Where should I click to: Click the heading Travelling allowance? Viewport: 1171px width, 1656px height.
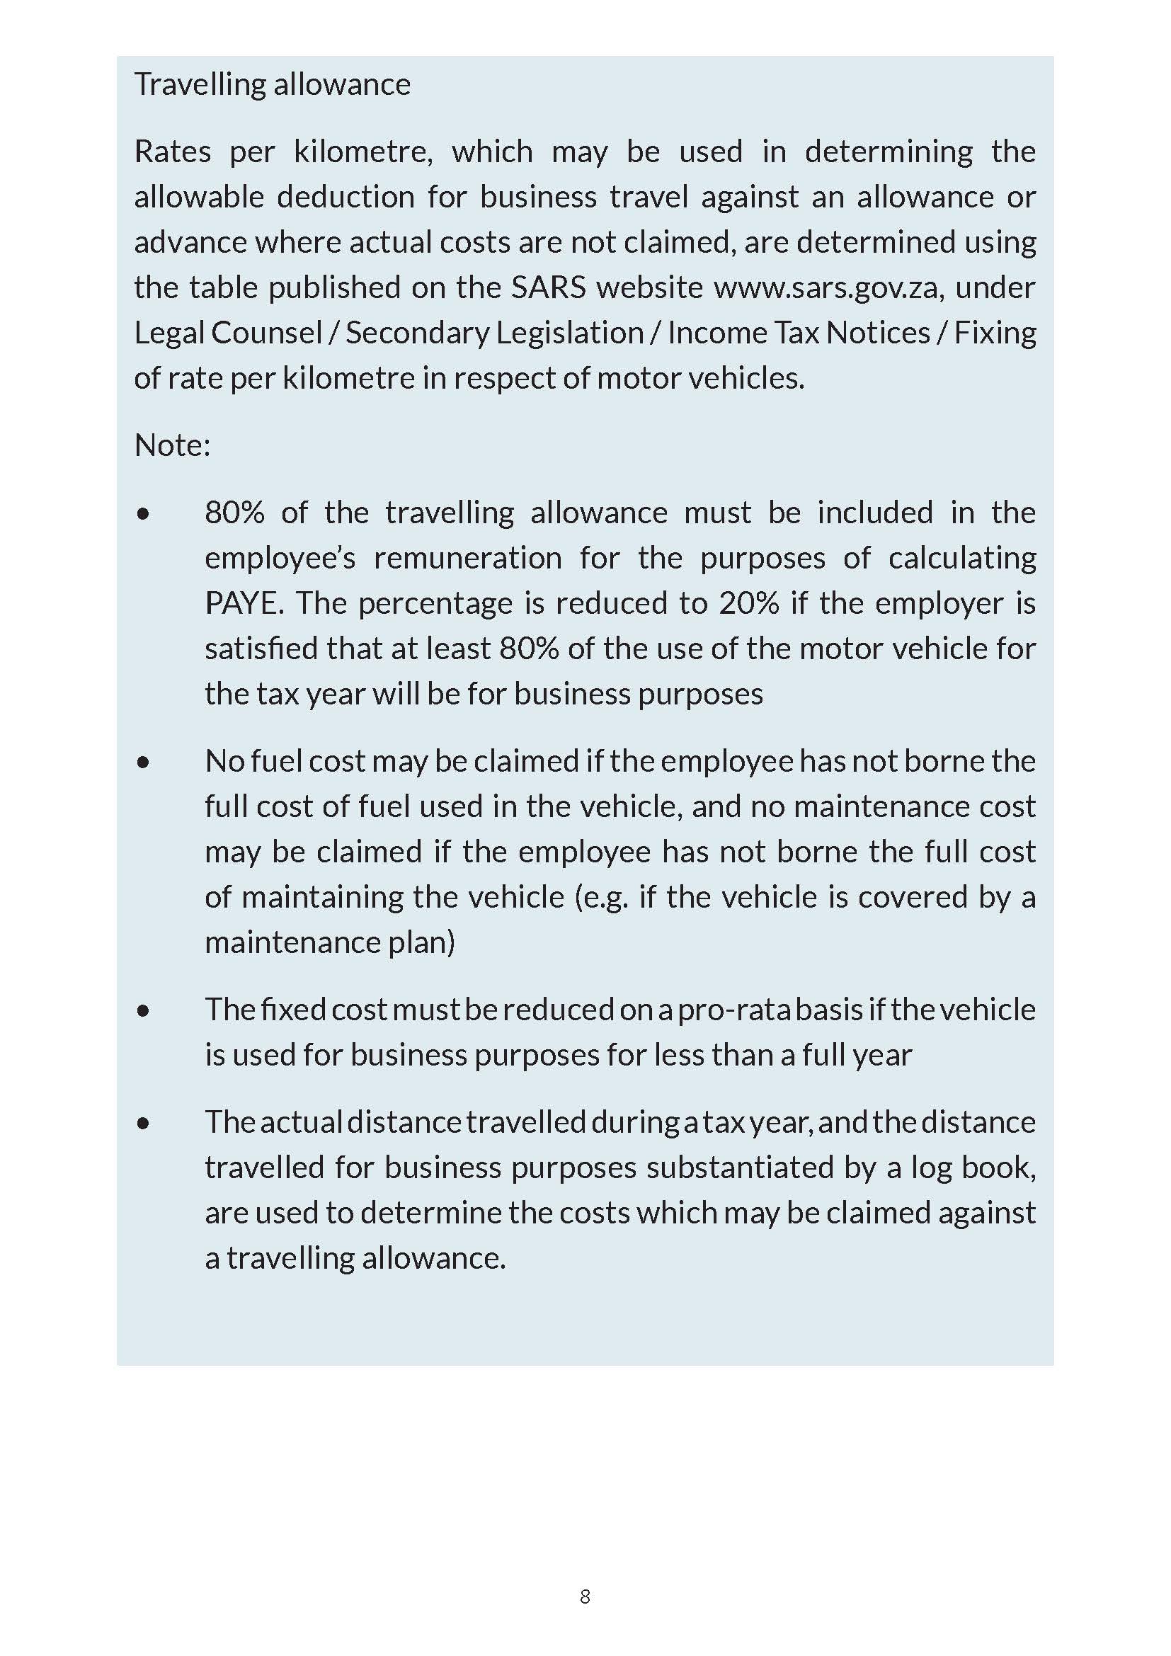point(272,84)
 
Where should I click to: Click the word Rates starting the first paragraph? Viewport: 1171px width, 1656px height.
point(172,152)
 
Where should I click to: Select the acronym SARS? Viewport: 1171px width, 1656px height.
point(549,287)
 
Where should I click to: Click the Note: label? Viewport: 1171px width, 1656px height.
point(172,445)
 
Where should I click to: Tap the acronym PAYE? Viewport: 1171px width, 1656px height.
point(244,603)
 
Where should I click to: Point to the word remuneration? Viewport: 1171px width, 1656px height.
point(467,558)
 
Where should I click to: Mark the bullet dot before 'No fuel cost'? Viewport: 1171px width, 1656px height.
point(144,762)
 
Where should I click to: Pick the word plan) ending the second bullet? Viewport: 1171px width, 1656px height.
point(421,942)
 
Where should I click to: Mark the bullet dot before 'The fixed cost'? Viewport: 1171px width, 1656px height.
point(144,1010)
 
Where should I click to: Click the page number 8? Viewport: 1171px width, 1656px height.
point(585,1596)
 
